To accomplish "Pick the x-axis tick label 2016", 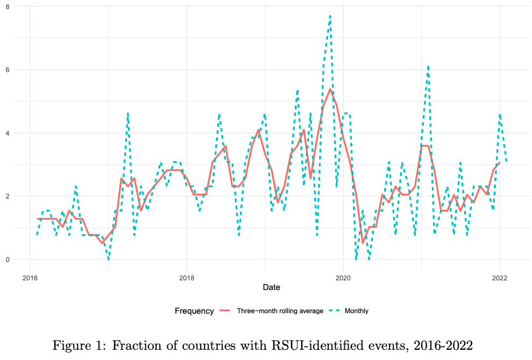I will pyautogui.click(x=30, y=278).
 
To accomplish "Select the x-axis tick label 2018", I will pyautogui.click(x=187, y=278).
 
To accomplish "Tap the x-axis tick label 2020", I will pyautogui.click(x=343, y=278).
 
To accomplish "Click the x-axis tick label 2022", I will pyautogui.click(x=500, y=278).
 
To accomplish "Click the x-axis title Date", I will pyautogui.click(x=271, y=288).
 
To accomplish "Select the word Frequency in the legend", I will pyautogui.click(x=194, y=310).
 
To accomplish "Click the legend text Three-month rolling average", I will pyautogui.click(x=280, y=311).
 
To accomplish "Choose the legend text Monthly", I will pyautogui.click(x=356, y=311).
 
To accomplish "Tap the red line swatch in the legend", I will pyautogui.click(x=225, y=311).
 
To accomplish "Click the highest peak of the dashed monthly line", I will pyautogui.click(x=330, y=16).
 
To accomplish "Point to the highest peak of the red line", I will pyautogui.click(x=330, y=89).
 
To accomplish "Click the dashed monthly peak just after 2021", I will pyautogui.click(x=428, y=66).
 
